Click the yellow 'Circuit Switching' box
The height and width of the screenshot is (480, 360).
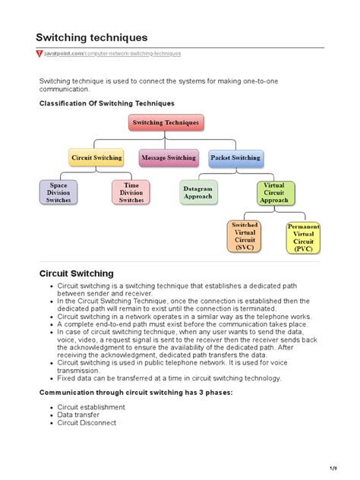point(96,158)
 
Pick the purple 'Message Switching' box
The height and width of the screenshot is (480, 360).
point(168,158)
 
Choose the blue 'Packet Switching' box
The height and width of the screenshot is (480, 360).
point(235,158)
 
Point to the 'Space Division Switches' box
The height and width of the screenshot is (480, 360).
point(58,192)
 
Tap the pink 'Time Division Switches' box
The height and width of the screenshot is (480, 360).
point(131,192)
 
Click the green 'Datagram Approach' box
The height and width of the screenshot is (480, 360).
point(198,192)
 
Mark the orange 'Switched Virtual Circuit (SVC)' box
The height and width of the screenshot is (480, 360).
point(245,236)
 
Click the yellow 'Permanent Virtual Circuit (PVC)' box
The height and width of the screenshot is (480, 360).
point(304,238)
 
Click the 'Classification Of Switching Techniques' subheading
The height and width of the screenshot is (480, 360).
point(107,103)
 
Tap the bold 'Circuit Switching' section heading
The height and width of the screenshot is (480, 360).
point(76,273)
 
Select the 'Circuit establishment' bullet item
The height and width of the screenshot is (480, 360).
point(91,407)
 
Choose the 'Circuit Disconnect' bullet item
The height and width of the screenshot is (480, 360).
point(87,422)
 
